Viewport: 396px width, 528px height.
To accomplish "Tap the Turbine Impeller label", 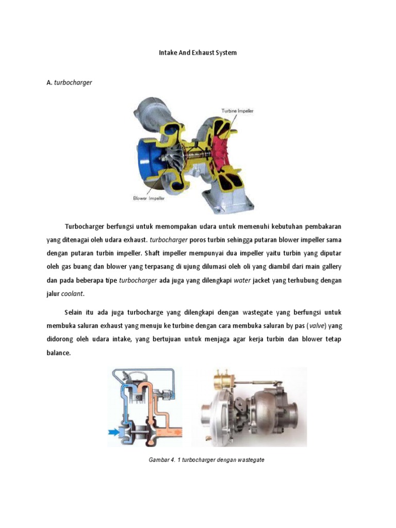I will [237, 110].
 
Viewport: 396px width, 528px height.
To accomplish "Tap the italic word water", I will [242, 280].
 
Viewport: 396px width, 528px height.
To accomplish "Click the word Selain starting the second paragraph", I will [76, 313].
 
